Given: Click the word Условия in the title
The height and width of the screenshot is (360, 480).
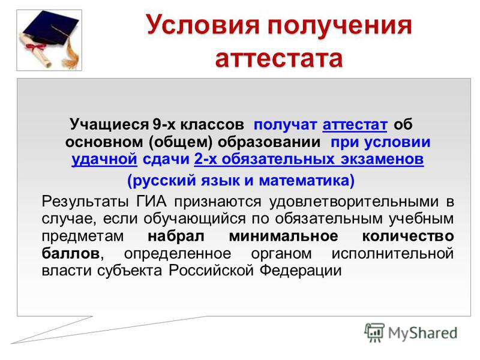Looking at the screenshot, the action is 202,25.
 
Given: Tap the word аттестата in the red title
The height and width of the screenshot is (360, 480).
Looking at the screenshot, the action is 279,58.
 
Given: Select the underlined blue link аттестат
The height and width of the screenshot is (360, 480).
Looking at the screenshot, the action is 355,125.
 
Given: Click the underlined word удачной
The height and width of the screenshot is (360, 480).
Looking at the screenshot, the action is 104,159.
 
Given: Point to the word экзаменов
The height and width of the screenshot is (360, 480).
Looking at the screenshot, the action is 382,159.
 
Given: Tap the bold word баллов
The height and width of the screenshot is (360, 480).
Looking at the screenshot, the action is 70,253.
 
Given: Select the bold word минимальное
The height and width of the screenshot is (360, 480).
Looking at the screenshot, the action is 283,236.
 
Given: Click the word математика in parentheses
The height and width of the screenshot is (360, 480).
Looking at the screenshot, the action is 304,181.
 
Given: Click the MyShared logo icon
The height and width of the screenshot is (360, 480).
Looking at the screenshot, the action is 374,332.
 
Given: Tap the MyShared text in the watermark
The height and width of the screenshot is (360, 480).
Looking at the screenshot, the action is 422,334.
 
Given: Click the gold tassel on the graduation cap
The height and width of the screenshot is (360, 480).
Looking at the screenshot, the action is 71,54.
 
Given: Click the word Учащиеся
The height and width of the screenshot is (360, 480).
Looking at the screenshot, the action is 109,125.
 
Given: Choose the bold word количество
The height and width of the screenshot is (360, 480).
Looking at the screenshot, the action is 408,236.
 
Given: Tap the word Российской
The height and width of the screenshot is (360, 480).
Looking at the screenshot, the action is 211,271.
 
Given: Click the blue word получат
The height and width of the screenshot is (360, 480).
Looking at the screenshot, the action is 285,125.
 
